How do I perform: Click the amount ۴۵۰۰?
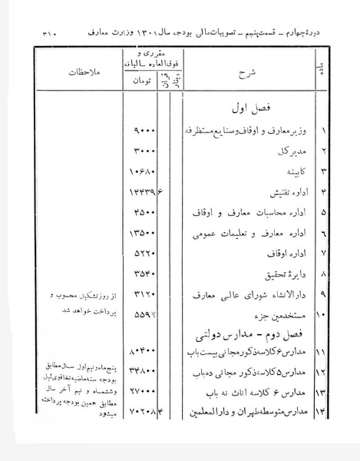145,211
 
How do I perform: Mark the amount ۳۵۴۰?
145,272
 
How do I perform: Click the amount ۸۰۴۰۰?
144,353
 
